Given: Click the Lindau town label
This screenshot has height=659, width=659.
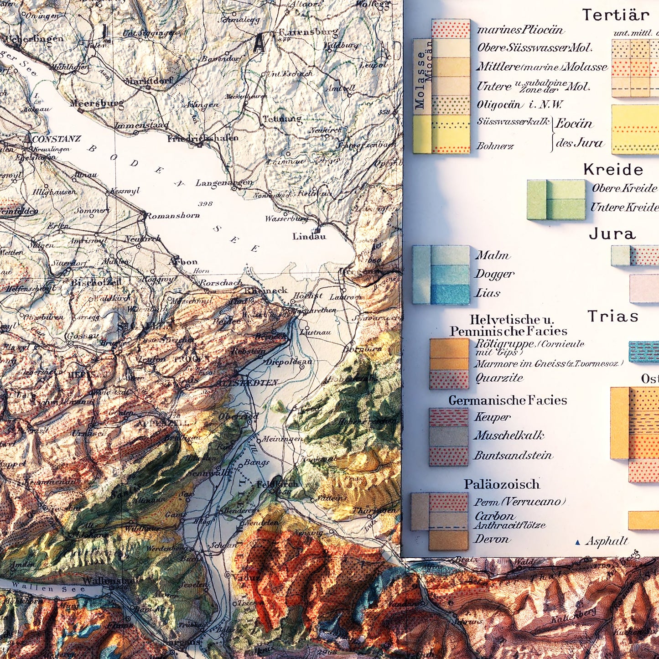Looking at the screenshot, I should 309,236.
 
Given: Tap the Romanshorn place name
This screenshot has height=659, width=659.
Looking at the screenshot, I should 172,215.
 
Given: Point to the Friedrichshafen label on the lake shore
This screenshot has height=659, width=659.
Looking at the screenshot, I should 202,138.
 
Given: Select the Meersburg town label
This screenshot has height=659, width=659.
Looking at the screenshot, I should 97,104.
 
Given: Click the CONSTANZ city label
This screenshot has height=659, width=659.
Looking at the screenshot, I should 56,139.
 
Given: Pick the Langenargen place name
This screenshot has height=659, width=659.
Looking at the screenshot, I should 224,183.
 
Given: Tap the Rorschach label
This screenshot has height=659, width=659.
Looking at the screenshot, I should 221,282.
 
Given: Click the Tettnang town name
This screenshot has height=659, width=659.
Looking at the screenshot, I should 282,119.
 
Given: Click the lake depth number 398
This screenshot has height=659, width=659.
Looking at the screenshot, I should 205,203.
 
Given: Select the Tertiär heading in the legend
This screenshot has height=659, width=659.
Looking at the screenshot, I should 616,15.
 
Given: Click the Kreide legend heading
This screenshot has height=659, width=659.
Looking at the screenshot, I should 613,170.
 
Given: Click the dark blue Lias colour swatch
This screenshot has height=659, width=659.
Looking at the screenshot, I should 450,294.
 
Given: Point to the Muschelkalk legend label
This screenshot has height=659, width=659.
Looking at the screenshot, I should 509,435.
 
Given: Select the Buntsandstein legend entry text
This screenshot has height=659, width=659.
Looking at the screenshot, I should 513,455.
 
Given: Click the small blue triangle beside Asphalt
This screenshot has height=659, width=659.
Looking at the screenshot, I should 578,542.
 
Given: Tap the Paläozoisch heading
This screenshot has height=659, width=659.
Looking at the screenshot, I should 502,484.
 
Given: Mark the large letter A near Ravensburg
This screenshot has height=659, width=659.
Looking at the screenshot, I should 259,44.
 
